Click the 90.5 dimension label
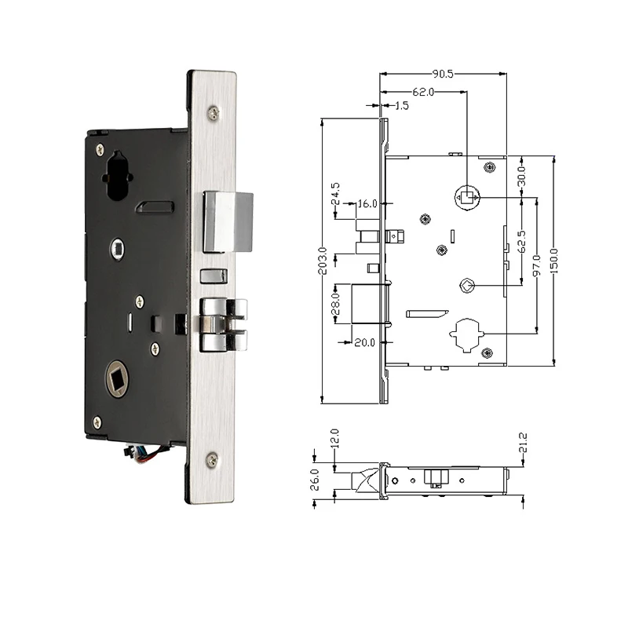click(441, 74)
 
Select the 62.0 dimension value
click(422, 92)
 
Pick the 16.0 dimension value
click(367, 203)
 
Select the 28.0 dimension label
click(336, 302)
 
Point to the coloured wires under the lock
click(140, 454)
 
